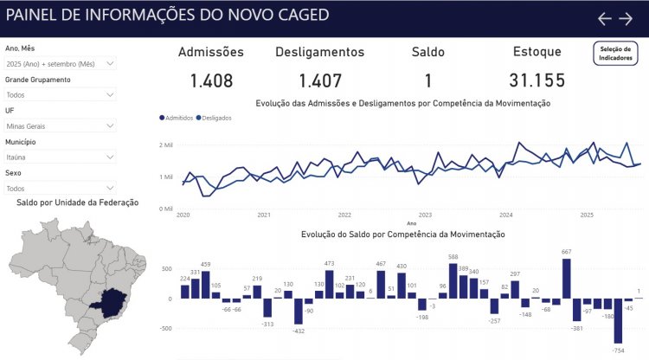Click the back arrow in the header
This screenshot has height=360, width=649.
point(605,19)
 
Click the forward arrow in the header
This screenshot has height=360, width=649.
point(626,19)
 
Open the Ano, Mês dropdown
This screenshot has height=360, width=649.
point(60,64)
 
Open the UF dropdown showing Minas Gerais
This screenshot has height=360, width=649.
point(60,125)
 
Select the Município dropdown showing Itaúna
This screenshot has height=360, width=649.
point(60,157)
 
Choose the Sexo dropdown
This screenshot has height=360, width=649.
point(60,188)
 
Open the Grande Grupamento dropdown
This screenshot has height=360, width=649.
point(60,94)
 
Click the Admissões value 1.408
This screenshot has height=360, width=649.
point(211,81)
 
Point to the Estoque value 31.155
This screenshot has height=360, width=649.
point(537,81)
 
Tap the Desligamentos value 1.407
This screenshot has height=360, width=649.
point(320,81)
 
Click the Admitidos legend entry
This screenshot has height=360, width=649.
point(177,118)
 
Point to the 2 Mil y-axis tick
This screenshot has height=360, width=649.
point(166,145)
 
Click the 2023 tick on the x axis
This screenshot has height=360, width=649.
point(425,215)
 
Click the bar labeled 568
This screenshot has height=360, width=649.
point(453,281)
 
